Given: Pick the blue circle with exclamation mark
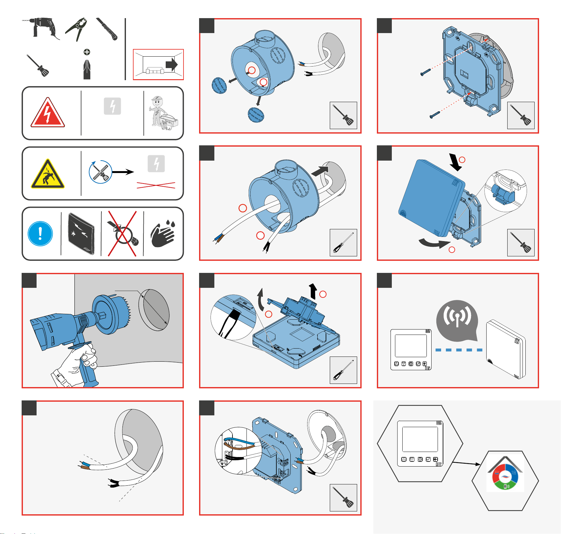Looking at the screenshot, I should (40, 234).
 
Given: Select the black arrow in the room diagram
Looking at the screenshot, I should (172, 64).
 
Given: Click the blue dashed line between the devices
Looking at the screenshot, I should (459, 350).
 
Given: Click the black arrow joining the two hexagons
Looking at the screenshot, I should (466, 463).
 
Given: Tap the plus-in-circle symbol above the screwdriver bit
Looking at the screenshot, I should (87, 52).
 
